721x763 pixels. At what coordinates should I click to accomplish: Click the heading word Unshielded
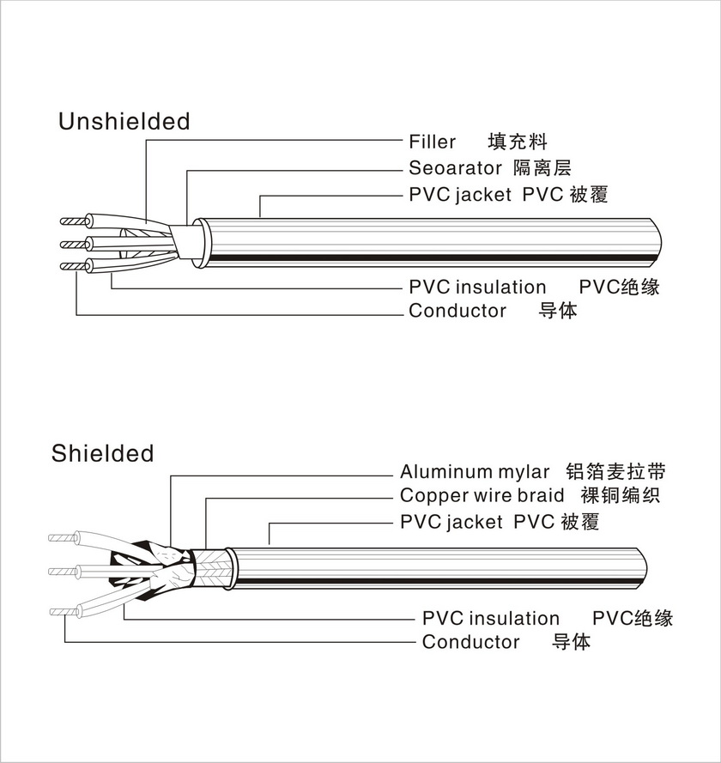[124, 122]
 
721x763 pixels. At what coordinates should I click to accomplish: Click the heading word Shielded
[102, 453]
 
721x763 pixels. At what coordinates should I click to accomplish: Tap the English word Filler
[432, 142]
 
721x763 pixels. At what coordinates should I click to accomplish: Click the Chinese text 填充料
[517, 142]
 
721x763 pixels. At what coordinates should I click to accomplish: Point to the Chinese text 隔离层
[541, 168]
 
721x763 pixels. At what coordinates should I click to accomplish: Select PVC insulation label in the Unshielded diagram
[477, 287]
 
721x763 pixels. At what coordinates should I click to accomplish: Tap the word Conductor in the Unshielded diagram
[457, 311]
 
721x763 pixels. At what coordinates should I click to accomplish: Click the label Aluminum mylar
[475, 472]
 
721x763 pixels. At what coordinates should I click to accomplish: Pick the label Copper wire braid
[482, 496]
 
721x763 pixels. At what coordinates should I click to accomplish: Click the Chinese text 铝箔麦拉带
[616, 472]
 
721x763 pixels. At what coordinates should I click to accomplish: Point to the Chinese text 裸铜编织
[620, 496]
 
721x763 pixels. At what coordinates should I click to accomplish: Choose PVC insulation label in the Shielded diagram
[490, 619]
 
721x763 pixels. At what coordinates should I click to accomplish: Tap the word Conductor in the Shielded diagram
[470, 642]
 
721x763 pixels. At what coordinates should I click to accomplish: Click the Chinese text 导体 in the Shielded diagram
[571, 642]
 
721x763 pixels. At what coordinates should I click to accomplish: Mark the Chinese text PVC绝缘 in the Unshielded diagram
[619, 287]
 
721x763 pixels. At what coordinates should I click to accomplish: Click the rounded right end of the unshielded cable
[656, 242]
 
